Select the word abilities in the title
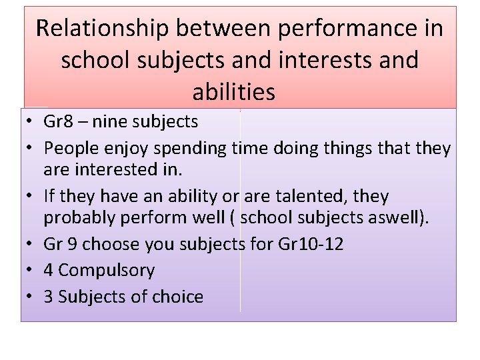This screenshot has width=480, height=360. [233, 92]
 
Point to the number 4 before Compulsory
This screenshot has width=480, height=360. [49, 270]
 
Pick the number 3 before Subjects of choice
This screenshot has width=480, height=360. [49, 297]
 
